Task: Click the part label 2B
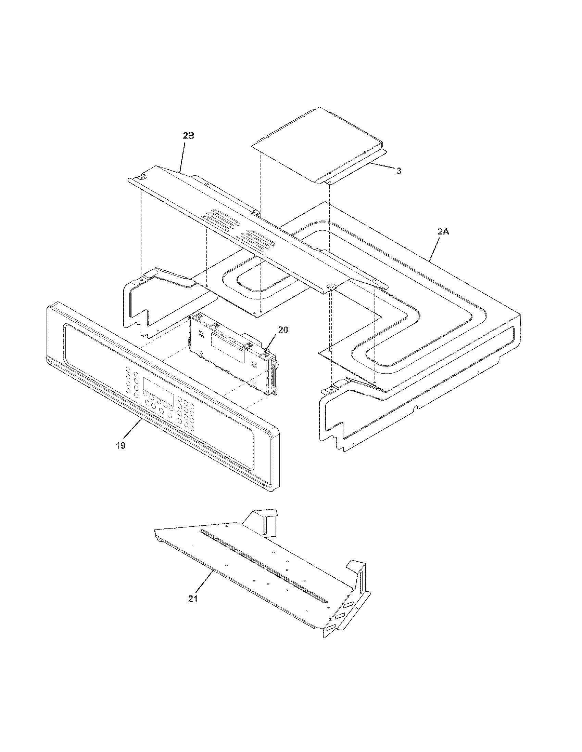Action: point(188,136)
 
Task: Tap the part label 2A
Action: point(443,232)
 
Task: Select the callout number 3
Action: point(398,171)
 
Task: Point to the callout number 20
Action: point(283,330)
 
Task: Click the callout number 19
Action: point(121,445)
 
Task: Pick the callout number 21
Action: point(193,599)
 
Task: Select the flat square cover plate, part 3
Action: point(317,145)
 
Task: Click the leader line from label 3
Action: point(381,167)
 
